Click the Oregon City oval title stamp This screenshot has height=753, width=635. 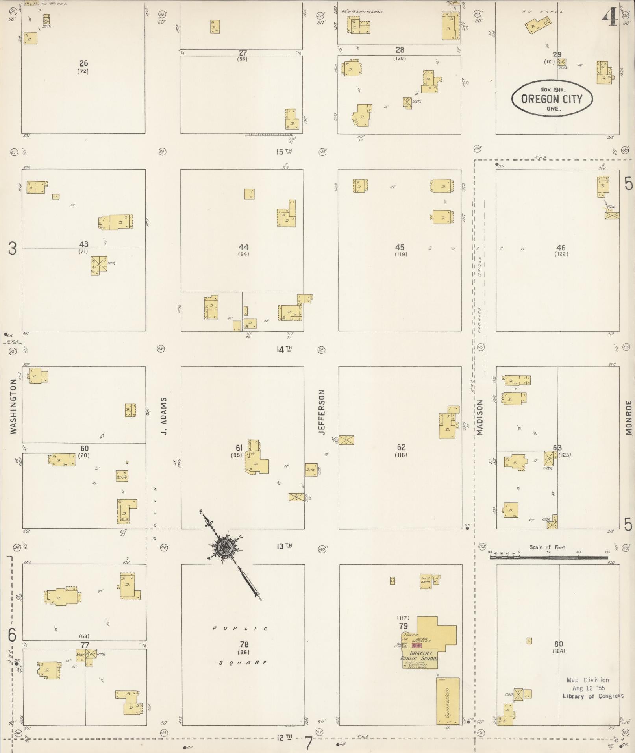552,99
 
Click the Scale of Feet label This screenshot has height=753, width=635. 548,547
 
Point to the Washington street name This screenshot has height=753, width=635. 14,407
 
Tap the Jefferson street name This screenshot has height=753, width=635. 322,412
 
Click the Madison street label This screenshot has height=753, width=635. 479,418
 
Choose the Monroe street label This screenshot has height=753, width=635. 628,418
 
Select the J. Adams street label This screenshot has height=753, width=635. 164,416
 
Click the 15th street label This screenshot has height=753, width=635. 283,152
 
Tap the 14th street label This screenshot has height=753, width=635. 283,349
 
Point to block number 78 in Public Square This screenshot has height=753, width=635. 244,644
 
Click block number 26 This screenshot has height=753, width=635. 83,63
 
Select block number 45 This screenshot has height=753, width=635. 400,247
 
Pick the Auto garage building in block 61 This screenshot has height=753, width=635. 311,470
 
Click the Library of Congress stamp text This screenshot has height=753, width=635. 593,696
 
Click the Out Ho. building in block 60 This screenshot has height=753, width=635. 122,476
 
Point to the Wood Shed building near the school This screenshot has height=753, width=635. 426,581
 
